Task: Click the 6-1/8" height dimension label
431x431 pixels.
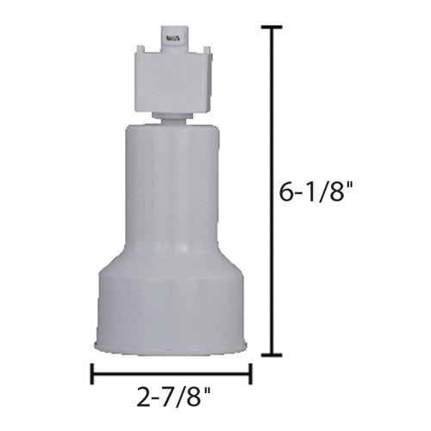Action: point(315,192)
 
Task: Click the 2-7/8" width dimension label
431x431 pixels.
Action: point(174,397)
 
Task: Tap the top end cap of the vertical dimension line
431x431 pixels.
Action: point(272,28)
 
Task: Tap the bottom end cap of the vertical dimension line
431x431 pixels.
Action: point(272,355)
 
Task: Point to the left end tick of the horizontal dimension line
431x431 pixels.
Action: point(92,374)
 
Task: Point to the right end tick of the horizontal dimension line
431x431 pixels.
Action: point(250,374)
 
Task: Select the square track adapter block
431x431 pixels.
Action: point(173,82)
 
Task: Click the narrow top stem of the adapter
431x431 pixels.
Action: point(174,40)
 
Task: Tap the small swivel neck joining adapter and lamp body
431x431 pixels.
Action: point(172,118)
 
